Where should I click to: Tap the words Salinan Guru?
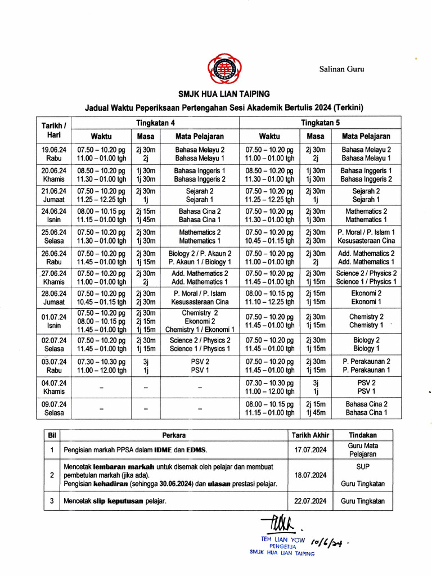click(342, 69)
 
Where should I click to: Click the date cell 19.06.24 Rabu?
click(54, 154)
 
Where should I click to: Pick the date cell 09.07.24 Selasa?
click(54, 408)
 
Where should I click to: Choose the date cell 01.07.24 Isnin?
click(54, 321)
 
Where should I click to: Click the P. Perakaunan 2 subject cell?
click(366, 361)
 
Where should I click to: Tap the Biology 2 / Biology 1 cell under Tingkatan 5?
click(366, 344)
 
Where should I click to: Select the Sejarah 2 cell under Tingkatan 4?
click(200, 191)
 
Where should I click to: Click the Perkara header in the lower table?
click(174, 435)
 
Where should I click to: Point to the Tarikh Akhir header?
click(310, 435)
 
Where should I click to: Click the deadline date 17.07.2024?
click(310, 449)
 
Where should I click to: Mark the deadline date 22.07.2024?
click(310, 501)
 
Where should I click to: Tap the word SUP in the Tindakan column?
click(363, 467)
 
